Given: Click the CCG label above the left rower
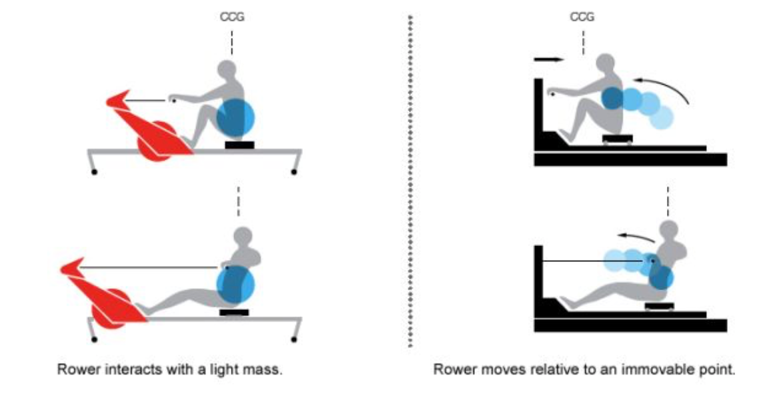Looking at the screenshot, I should pyautogui.click(x=232, y=17).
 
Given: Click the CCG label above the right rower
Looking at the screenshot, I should pyautogui.click(x=582, y=17).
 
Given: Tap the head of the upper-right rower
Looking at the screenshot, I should pyautogui.click(x=606, y=63).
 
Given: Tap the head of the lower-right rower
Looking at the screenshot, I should pyautogui.click(x=668, y=230).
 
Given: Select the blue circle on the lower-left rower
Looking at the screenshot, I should pyautogui.click(x=235, y=285).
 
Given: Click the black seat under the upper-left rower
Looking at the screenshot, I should pyautogui.click(x=239, y=145).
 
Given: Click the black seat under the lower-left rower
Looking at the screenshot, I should pyautogui.click(x=234, y=312).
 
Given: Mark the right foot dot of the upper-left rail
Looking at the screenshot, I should pyautogui.click(x=294, y=173).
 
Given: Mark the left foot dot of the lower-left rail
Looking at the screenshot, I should pyautogui.click(x=95, y=340).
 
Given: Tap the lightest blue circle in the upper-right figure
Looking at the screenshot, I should pyautogui.click(x=662, y=117).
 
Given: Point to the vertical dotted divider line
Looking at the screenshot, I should pyautogui.click(x=409, y=180).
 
